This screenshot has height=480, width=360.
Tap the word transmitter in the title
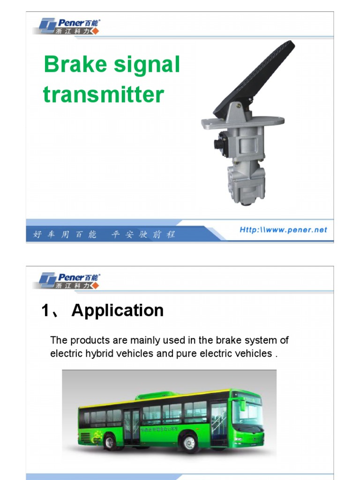coord(103,94)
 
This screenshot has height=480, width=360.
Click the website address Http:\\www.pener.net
coord(283,230)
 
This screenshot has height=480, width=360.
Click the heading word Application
coord(118,310)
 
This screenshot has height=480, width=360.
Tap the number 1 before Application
coord(46,311)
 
